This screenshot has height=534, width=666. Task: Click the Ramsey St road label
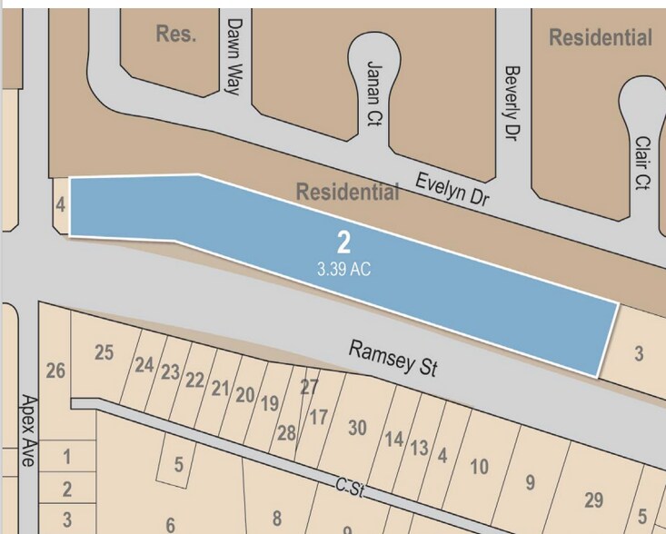393,359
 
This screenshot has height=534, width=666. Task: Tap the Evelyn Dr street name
452,192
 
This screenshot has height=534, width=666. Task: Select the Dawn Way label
237,55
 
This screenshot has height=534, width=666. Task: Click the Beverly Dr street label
512,102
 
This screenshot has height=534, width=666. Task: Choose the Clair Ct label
643,163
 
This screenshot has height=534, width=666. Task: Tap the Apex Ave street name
26,430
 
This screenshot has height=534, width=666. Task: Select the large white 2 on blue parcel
343,242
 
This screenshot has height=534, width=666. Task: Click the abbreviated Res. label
175,35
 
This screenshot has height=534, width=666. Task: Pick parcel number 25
104,352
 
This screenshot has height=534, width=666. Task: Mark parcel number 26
55,371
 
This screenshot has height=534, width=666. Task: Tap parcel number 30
357,427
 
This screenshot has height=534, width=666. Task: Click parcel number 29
593,499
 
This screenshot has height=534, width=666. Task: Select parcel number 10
479,467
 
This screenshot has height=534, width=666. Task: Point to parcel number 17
318,418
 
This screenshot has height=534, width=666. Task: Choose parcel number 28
286,433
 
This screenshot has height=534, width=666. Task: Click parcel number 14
393,440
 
